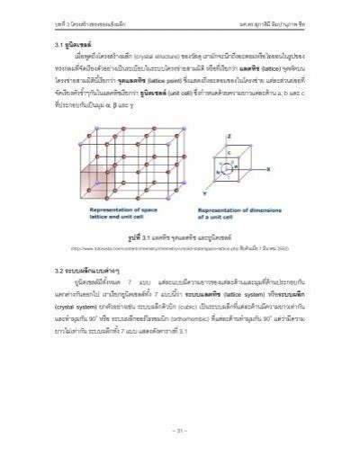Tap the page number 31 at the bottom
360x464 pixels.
tap(180, 429)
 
